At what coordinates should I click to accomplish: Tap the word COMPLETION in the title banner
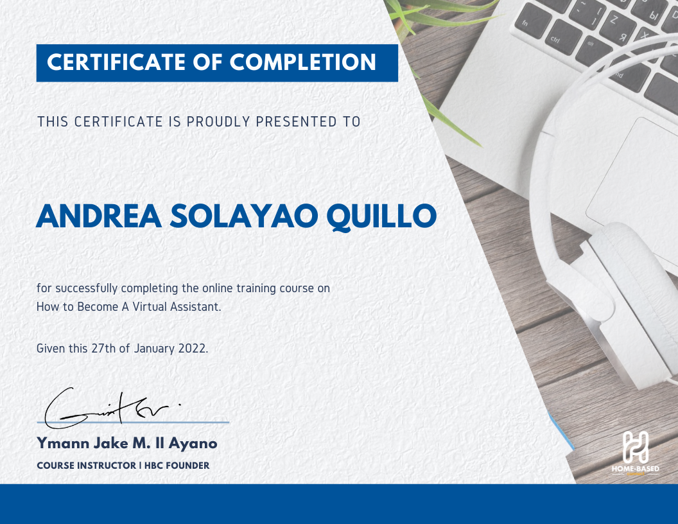click(x=303, y=62)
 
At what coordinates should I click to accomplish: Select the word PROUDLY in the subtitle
click(x=220, y=121)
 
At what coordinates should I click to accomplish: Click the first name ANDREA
click(x=98, y=217)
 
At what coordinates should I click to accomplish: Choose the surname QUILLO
click(x=382, y=217)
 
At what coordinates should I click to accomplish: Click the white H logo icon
click(x=635, y=447)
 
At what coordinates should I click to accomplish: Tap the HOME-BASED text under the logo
click(x=635, y=469)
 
